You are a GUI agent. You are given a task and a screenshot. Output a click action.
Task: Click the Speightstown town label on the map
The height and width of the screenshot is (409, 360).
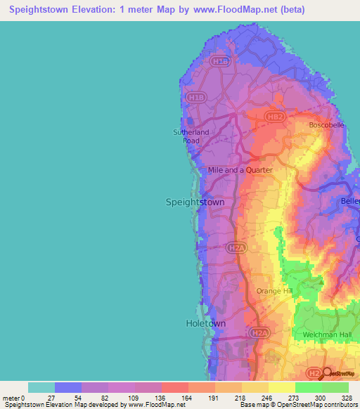point(195,202)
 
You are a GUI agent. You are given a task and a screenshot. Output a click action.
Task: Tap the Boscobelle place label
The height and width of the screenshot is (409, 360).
point(327,125)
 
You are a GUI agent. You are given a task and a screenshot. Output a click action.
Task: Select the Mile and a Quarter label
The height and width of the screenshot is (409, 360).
point(240,170)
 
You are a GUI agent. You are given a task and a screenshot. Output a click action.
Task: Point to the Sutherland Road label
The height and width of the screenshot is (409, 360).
point(191,136)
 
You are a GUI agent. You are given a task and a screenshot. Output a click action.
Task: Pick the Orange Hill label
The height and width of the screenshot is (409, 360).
point(274,291)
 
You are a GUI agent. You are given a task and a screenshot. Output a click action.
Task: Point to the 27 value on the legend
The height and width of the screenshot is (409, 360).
point(51,398)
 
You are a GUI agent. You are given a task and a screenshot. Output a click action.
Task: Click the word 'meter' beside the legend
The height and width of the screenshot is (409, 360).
point(11,398)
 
